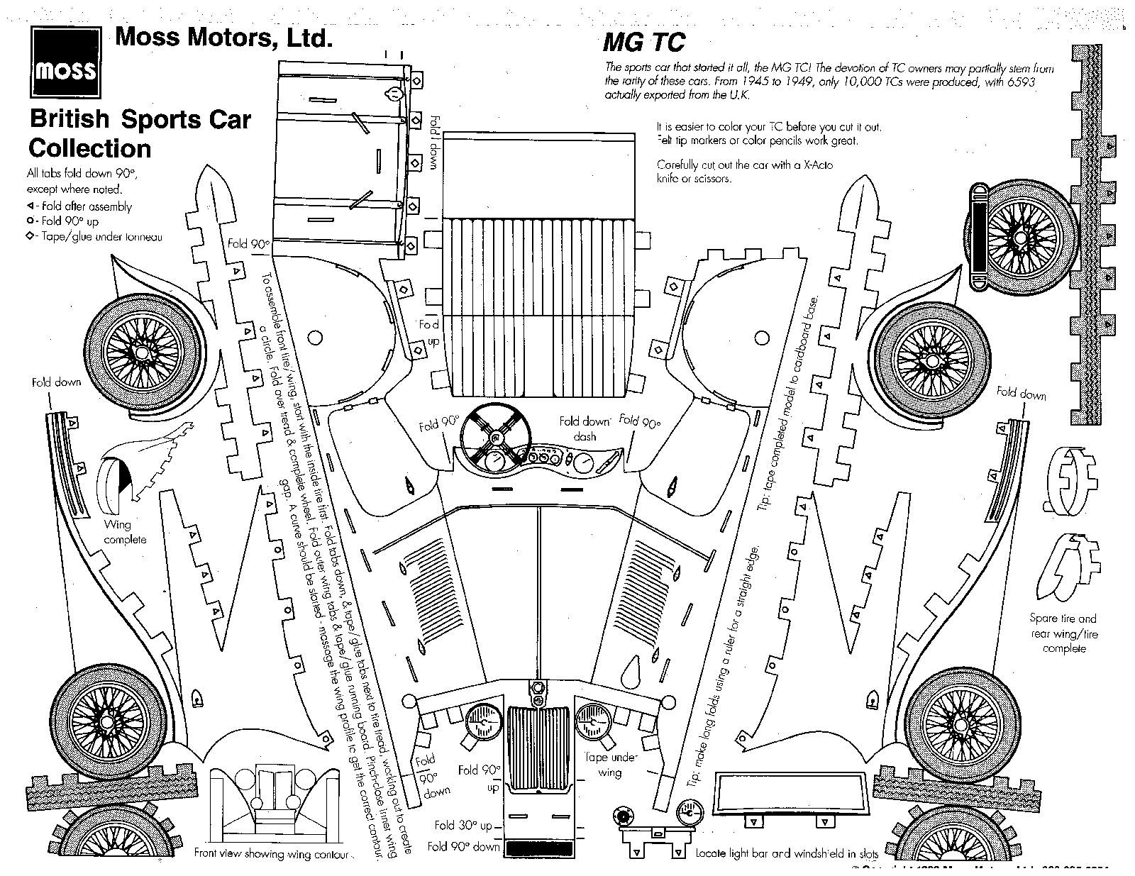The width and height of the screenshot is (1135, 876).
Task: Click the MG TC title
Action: coord(643,43)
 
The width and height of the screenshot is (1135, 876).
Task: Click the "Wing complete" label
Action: coord(125,532)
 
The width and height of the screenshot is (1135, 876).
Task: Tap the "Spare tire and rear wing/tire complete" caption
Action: coord(1063,633)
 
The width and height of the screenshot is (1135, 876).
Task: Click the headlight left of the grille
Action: coord(482,723)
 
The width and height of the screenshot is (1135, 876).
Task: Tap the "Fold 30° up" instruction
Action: coord(464,825)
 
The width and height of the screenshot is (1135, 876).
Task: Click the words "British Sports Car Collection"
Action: coord(140,133)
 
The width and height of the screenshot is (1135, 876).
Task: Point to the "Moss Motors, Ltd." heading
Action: coord(223,37)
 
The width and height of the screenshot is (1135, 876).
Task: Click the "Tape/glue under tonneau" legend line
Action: coord(96,236)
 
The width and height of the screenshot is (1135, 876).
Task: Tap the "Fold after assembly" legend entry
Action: coord(80,206)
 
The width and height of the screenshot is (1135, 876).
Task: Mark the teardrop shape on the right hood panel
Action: coord(629,668)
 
